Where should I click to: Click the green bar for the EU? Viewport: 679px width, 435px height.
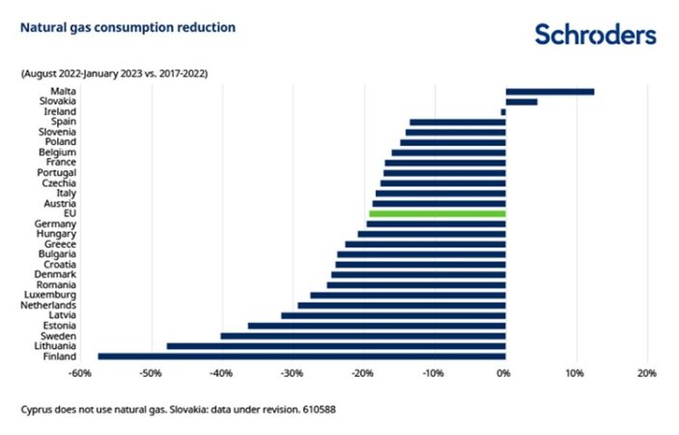(437, 214)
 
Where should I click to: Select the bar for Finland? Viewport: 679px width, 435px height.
(301, 356)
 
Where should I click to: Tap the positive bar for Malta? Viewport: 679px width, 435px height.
(549, 92)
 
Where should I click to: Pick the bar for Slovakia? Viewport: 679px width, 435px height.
(521, 101)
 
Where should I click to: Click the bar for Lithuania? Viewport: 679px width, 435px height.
(335, 345)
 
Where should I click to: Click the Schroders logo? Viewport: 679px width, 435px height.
(595, 35)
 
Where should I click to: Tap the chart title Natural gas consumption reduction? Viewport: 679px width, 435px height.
(127, 27)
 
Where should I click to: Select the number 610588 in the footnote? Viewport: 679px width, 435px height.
(317, 409)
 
